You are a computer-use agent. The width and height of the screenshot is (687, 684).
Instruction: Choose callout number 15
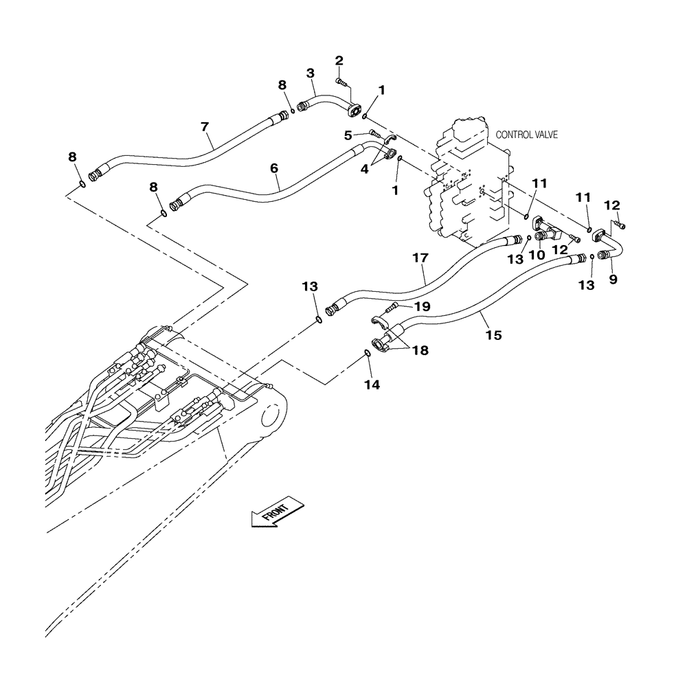(x=493, y=335)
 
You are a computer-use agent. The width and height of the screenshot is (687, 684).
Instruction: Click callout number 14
(x=371, y=385)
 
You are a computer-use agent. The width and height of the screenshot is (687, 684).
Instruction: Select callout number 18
(x=420, y=350)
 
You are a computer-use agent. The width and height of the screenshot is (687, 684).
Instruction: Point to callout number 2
(x=339, y=62)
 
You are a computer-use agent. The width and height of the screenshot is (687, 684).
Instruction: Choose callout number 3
(x=311, y=73)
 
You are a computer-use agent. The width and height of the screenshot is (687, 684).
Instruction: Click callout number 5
(x=349, y=135)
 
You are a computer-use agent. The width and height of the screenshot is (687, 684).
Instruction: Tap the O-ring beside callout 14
(x=368, y=354)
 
